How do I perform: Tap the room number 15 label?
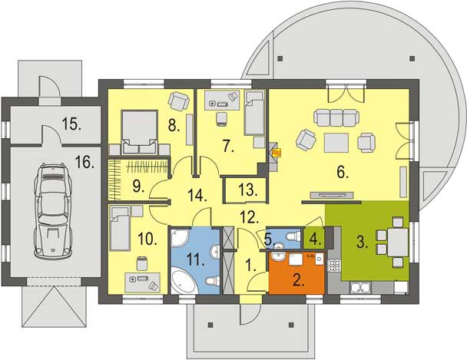(x=73, y=123)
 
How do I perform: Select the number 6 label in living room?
(x=342, y=174)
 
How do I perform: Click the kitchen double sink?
(x=362, y=288)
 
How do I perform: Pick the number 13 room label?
(x=246, y=188)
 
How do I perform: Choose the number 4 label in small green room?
(x=315, y=238)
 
